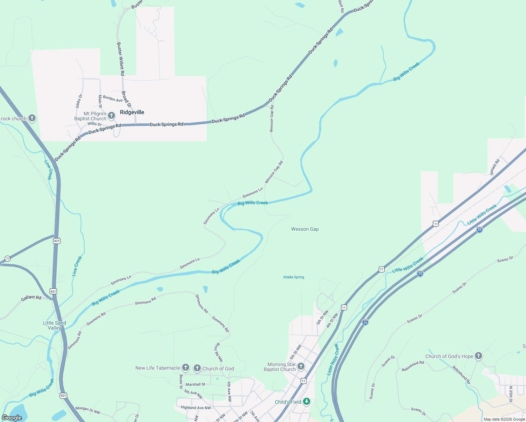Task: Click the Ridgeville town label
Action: click(132, 112)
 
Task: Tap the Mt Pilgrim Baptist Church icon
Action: click(111, 115)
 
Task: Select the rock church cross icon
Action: click(32, 118)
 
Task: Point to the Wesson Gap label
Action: click(305, 229)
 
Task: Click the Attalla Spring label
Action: click(294, 277)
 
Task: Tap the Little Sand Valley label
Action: click(54, 325)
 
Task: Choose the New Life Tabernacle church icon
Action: click(186, 368)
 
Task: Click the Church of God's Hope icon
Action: click(478, 356)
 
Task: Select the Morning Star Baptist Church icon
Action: click(301, 366)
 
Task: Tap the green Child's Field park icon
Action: click(307, 401)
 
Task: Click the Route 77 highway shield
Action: click(7, 259)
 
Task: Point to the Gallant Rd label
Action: click(31, 298)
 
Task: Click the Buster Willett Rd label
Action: click(121, 59)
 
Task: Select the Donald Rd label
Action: click(495, 167)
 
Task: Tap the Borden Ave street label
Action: click(113, 98)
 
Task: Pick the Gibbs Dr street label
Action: click(79, 101)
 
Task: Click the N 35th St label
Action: click(511, 394)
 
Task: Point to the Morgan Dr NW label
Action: click(88, 410)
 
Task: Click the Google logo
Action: click(12, 417)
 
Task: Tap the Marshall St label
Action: click(195, 384)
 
